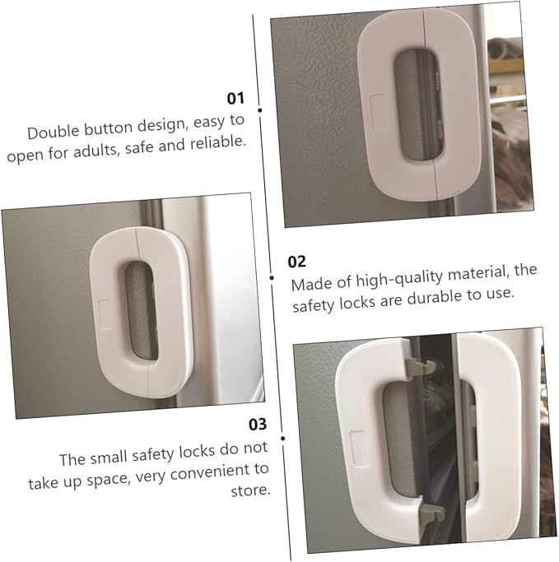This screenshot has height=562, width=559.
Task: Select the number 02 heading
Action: (296, 262)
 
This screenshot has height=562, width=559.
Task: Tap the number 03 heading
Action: (258, 425)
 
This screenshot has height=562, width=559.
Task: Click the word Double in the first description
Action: (55, 132)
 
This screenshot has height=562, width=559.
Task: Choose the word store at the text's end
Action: (250, 492)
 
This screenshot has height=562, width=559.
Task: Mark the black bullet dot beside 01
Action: (260, 109)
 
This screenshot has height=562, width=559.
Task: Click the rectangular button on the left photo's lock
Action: (107, 311)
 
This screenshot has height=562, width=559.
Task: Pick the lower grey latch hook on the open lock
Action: (428, 514)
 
